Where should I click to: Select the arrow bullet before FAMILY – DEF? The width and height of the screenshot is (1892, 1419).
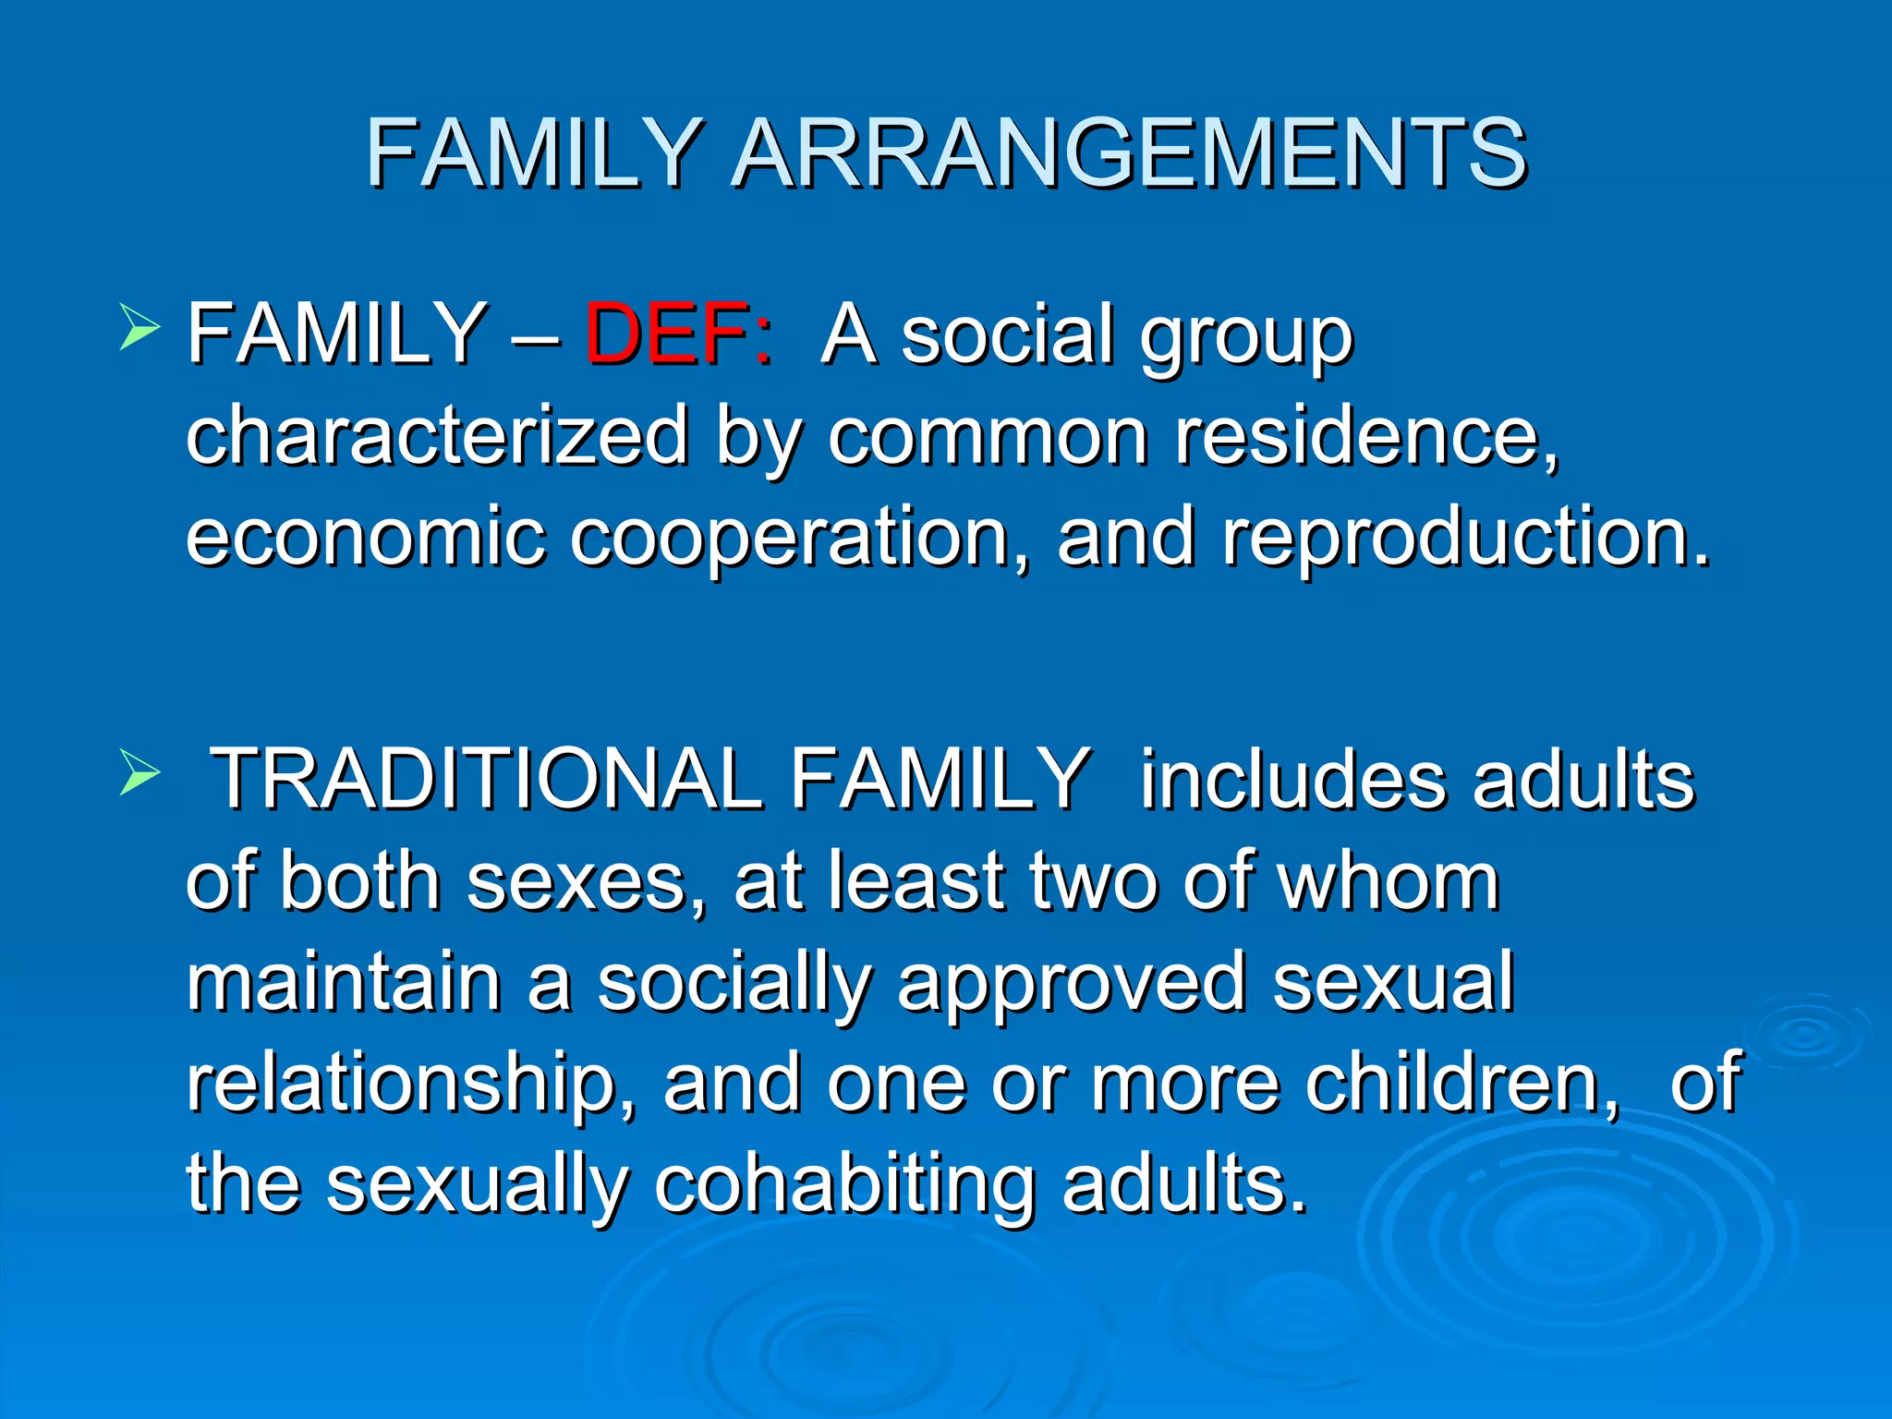pyautogui.click(x=139, y=329)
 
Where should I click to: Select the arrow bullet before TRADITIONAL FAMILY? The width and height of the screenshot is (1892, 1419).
pyautogui.click(x=139, y=774)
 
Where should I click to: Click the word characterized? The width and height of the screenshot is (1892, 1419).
pyautogui.click(x=437, y=435)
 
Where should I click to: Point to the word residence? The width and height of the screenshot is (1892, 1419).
pyautogui.click(x=1365, y=435)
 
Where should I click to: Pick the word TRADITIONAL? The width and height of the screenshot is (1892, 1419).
pyautogui.click(x=487, y=780)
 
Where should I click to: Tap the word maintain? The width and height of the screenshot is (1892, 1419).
pyautogui.click(x=344, y=982)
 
